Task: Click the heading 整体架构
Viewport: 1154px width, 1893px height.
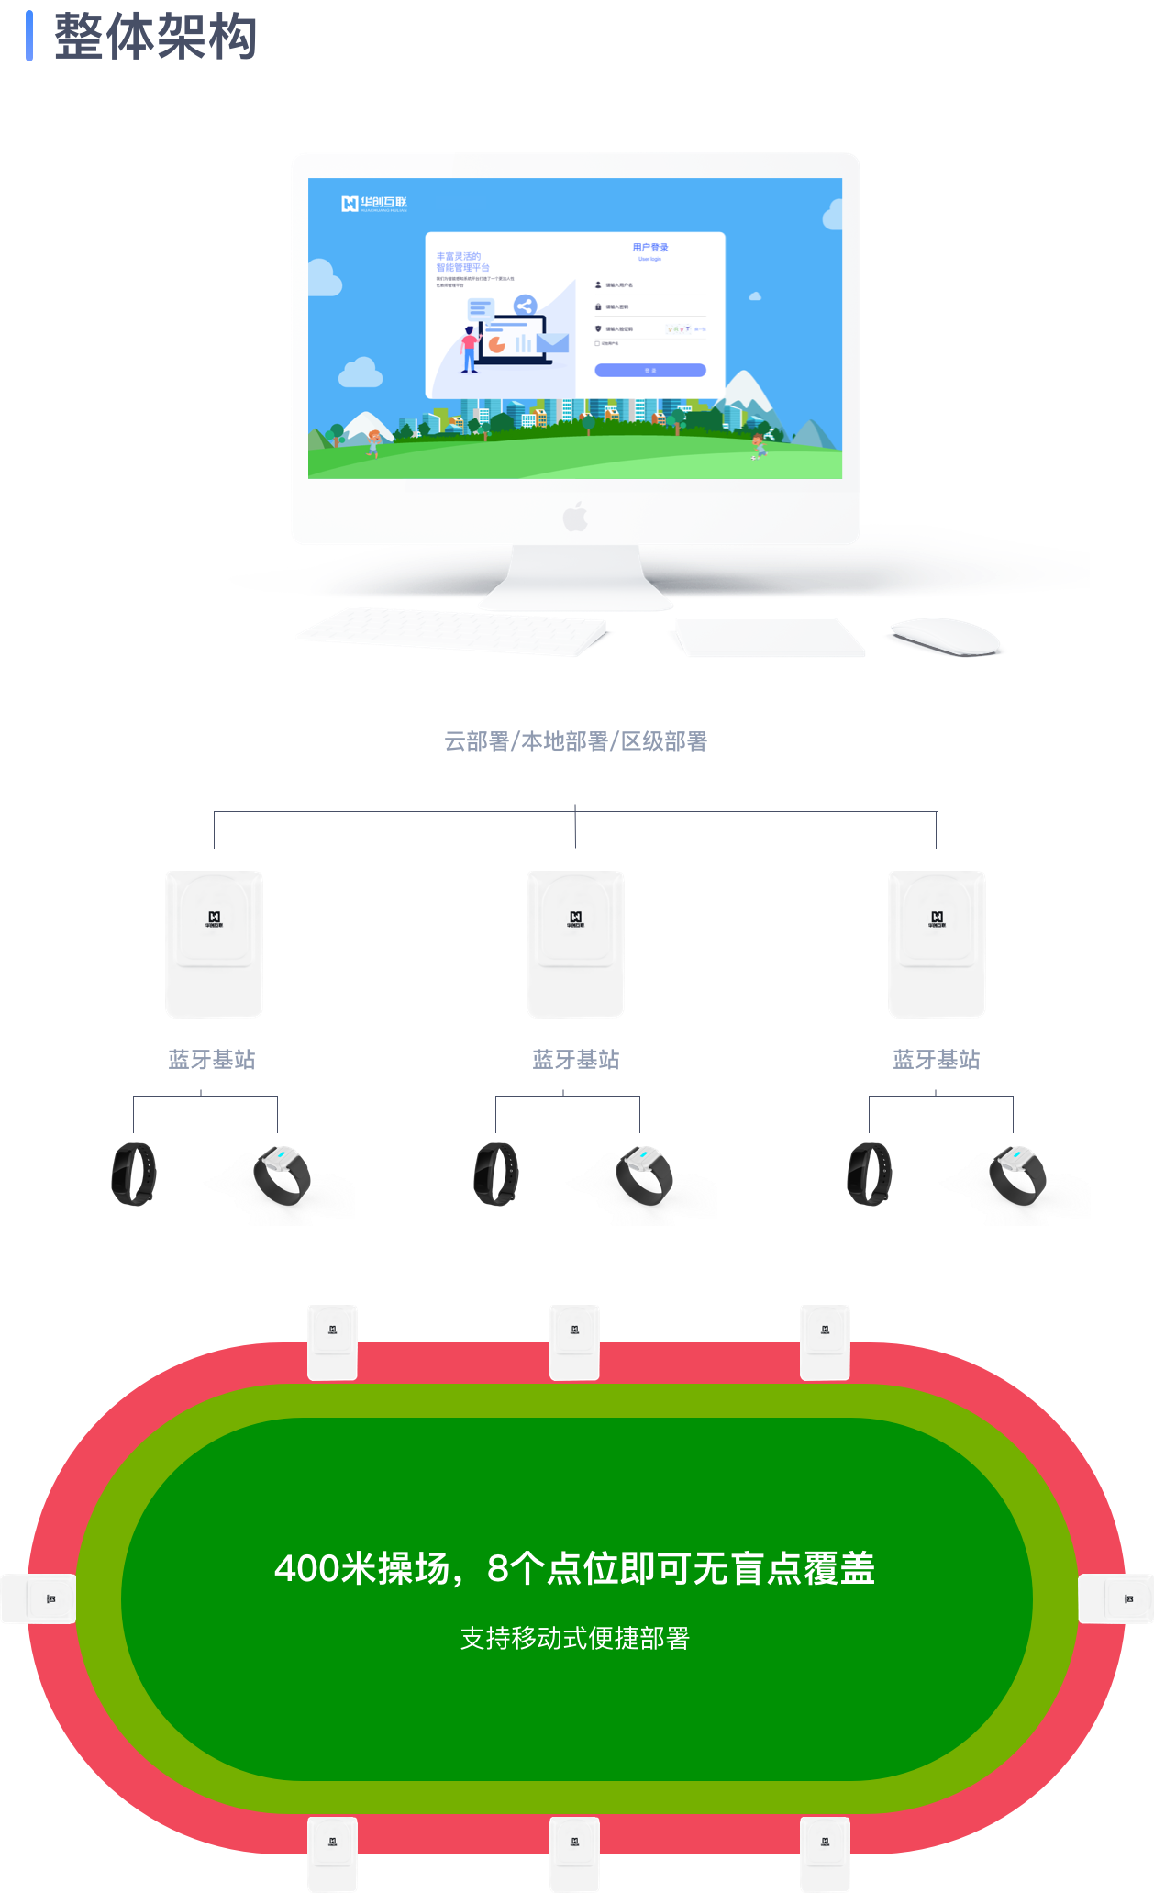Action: point(155,37)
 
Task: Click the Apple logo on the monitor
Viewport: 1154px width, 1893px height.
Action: point(575,517)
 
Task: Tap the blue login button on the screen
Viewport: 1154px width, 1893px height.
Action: point(650,371)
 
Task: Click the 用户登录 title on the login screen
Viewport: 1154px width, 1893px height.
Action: point(650,248)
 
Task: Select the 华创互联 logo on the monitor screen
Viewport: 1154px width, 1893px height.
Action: point(374,204)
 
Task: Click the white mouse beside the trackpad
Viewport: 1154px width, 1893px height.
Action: point(946,635)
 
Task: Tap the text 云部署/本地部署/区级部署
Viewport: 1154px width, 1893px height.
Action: point(575,741)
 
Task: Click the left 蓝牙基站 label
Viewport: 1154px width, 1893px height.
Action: point(212,1060)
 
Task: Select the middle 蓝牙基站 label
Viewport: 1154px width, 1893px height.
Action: point(575,1060)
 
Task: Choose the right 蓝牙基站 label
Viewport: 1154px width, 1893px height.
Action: point(936,1060)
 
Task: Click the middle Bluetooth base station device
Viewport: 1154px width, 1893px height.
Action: point(575,943)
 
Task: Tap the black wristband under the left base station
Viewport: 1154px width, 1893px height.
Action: point(134,1174)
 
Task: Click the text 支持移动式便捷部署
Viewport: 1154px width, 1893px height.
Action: point(575,1638)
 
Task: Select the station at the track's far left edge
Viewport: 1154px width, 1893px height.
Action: point(39,1598)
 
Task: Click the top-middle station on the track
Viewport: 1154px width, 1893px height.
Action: point(574,1342)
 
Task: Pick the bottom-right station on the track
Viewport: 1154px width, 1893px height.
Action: point(825,1853)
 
